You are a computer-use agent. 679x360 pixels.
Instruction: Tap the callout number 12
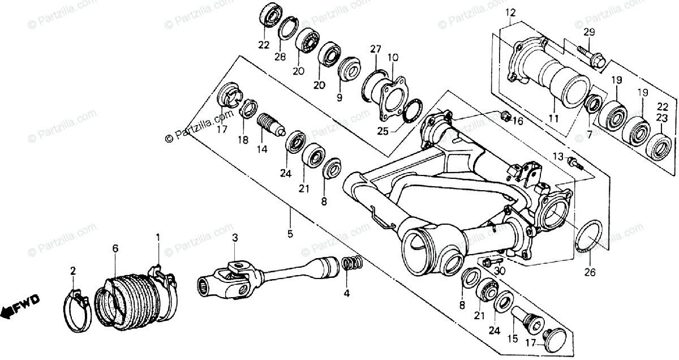pyautogui.click(x=511, y=12)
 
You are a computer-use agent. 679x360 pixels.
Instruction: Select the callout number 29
pyautogui.click(x=590, y=32)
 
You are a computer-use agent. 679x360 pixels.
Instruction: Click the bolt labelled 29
pyautogui.click(x=590, y=55)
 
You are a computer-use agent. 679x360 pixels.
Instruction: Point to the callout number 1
pyautogui.click(x=158, y=236)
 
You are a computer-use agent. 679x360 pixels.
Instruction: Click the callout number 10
pyautogui.click(x=393, y=57)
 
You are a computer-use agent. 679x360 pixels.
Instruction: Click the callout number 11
pyautogui.click(x=553, y=119)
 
